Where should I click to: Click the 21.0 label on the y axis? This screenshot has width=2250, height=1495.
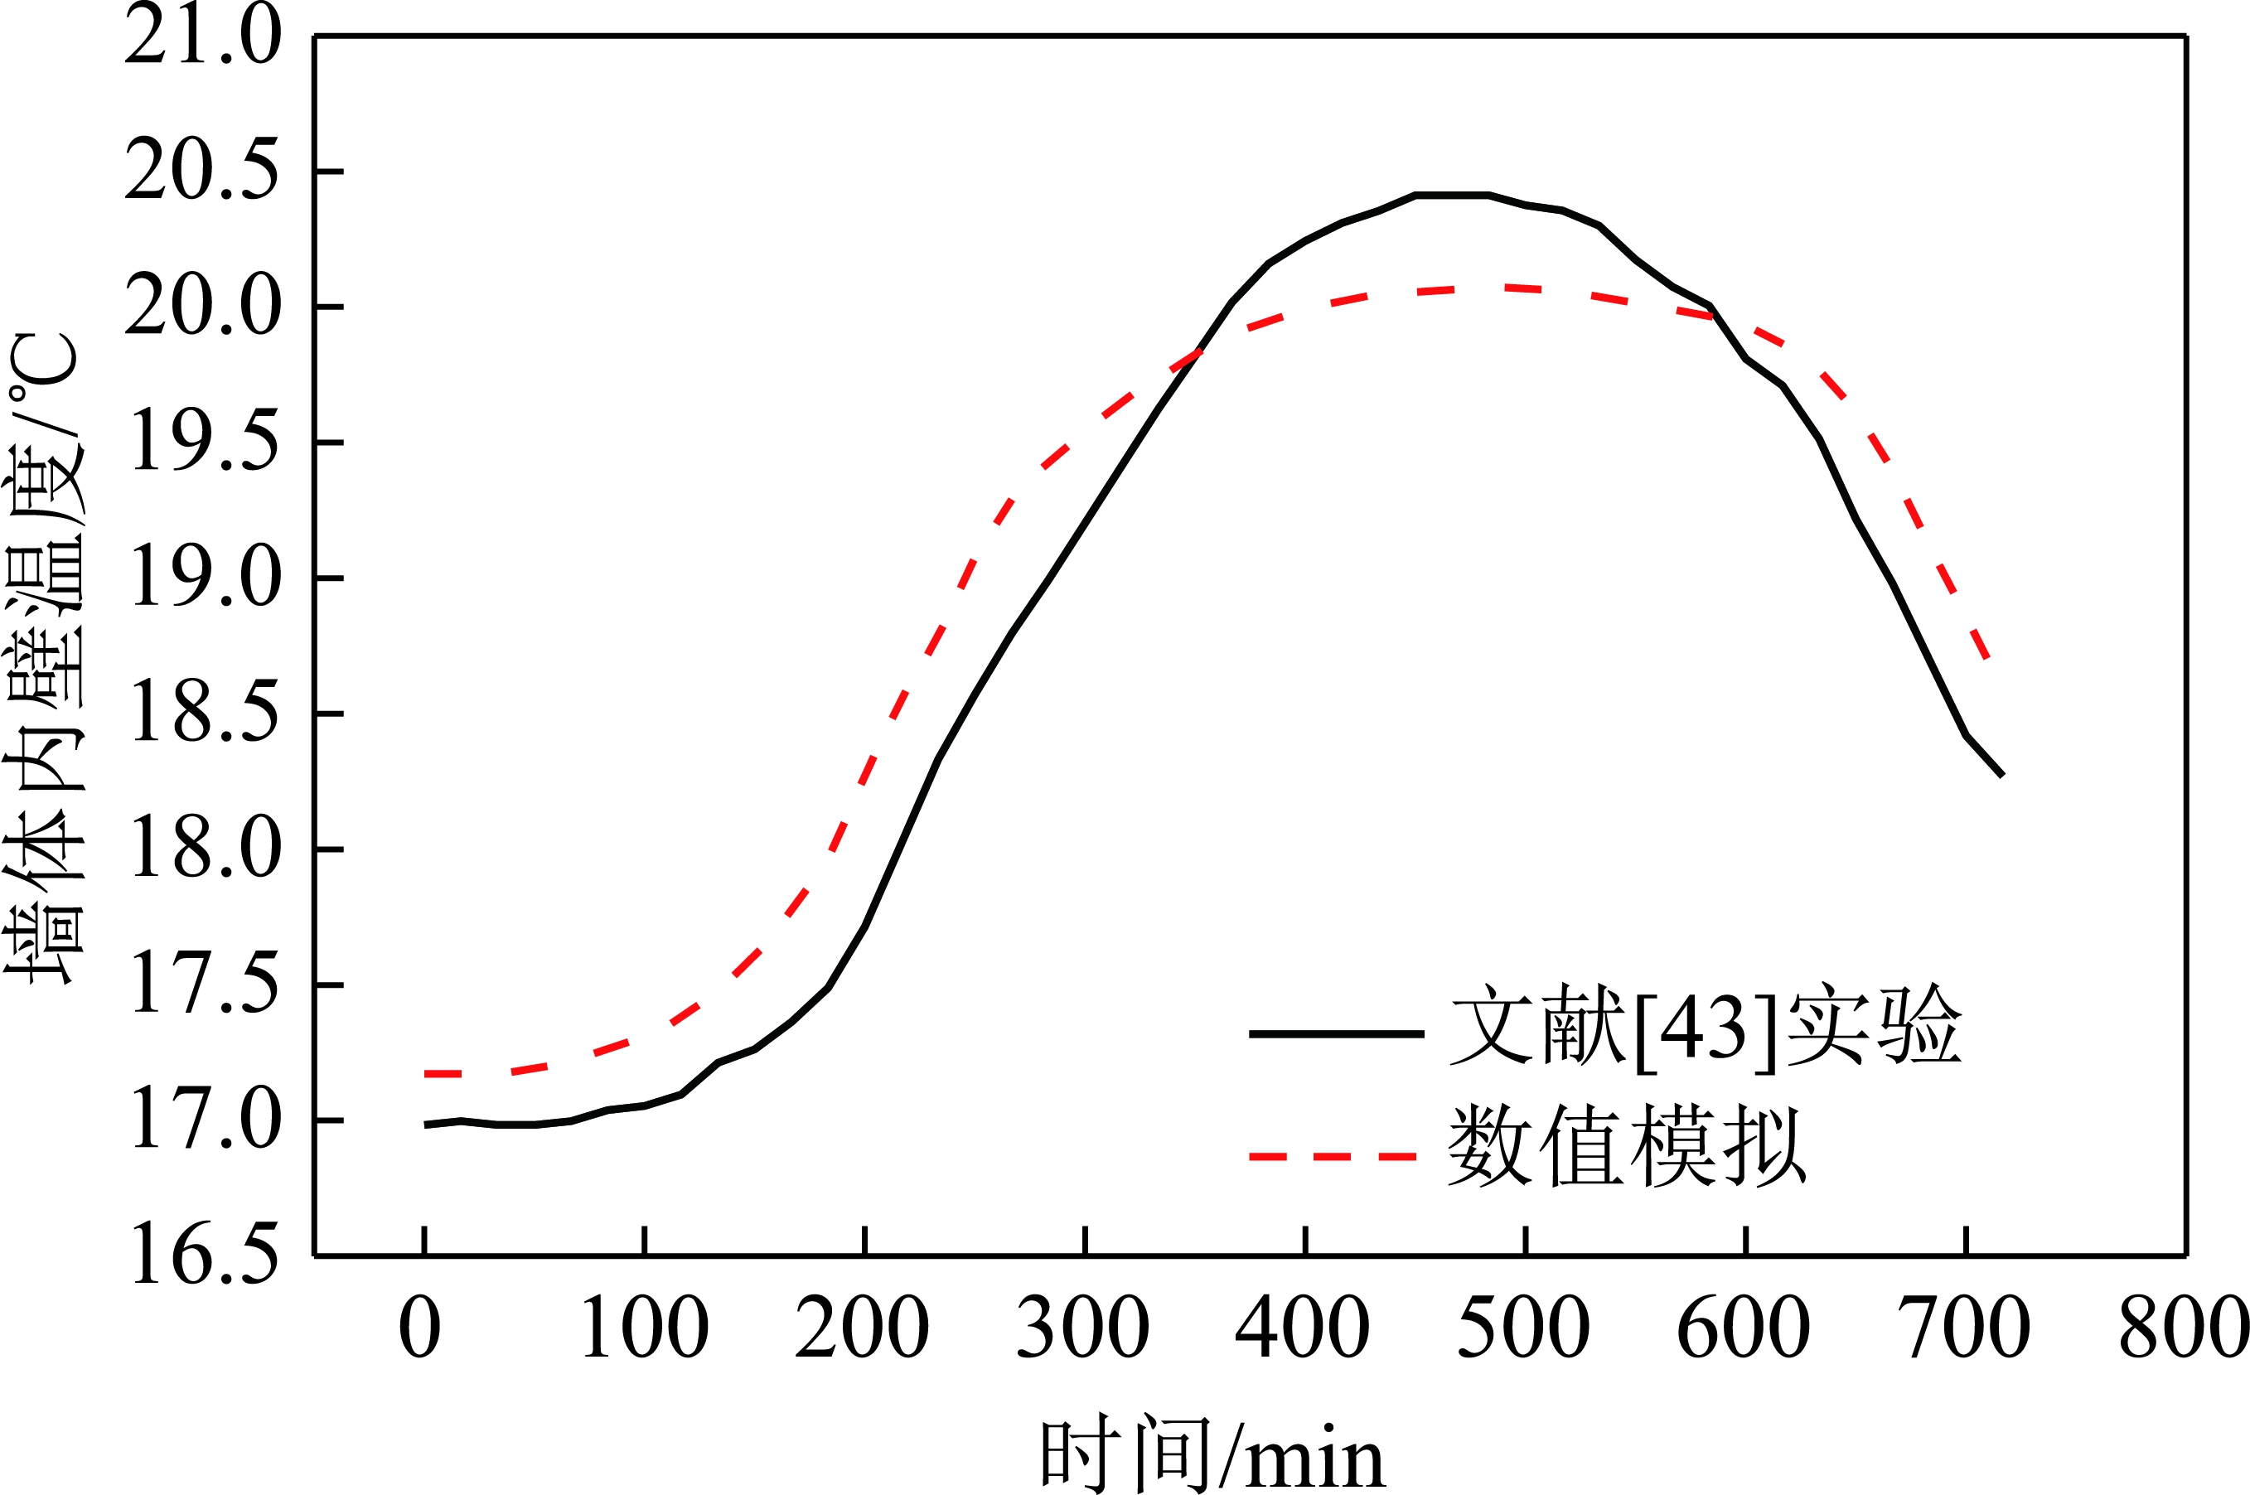[x=203, y=36]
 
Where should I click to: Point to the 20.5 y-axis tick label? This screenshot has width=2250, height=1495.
[x=203, y=172]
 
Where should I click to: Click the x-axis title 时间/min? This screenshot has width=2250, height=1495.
[x=1211, y=1454]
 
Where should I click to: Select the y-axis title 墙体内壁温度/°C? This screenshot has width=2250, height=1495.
[x=43, y=658]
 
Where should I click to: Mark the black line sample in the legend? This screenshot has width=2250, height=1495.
[x=1336, y=1033]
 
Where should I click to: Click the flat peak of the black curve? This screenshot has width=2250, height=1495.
[x=1451, y=196]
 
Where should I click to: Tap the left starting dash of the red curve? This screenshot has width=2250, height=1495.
[x=443, y=1073]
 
